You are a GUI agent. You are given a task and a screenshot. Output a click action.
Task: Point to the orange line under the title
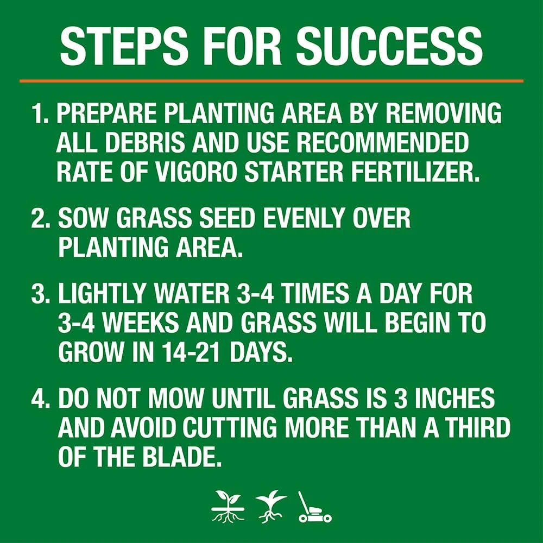click(271, 81)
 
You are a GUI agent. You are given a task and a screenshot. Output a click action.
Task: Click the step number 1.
click(39, 115)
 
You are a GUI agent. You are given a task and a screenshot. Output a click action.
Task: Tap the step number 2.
click(40, 219)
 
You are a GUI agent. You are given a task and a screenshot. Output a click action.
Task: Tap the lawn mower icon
click(313, 507)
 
